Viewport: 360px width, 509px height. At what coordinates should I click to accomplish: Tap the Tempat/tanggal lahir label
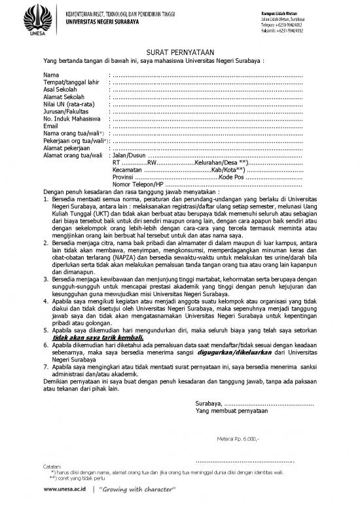click(x=71, y=83)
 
